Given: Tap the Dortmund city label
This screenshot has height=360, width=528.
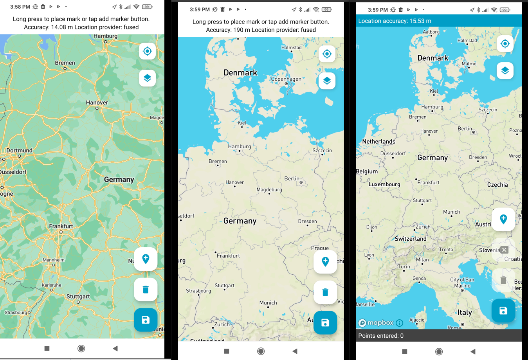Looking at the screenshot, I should (19, 151).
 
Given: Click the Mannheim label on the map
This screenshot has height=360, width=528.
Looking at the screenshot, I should (54, 260).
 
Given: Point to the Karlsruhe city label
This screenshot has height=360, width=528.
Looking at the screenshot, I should (52, 285).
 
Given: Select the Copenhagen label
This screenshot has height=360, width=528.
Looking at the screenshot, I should (286, 79).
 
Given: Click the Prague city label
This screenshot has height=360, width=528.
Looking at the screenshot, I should (320, 248).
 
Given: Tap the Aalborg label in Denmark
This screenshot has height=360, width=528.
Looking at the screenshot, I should (431, 32).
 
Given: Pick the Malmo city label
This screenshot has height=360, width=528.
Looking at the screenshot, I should (469, 64).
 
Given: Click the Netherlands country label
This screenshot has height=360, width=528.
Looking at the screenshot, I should (378, 142).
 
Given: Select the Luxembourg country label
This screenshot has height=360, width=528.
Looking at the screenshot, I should (384, 184).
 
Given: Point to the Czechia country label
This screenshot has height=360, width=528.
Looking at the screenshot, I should (497, 185).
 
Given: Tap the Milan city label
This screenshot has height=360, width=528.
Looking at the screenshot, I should (422, 260).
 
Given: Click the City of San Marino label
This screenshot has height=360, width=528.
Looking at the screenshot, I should (462, 283).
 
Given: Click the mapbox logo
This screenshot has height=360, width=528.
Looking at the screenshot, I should (376, 323).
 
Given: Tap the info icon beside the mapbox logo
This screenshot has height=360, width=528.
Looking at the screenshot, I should (400, 323).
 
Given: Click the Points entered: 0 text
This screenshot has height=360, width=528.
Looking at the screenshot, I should (381, 336).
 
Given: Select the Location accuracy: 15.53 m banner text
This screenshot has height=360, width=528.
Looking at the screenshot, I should (395, 21).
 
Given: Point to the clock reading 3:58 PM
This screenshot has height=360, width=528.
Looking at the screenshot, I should (20, 7).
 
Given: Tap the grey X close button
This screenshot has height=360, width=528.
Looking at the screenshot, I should (504, 250).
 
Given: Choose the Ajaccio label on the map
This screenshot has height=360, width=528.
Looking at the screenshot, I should (417, 320).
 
